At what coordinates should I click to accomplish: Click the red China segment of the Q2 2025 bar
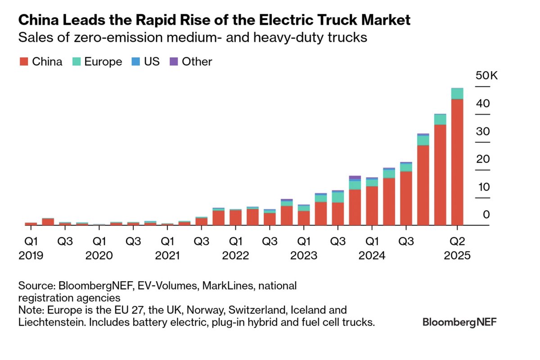pyautogui.click(x=457, y=162)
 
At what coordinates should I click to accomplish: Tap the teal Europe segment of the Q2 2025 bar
pyautogui.click(x=457, y=94)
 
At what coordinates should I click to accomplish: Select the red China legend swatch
pyautogui.click(x=23, y=62)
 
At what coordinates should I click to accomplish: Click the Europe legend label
pyautogui.click(x=103, y=62)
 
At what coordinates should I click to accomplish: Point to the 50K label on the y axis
pyautogui.click(x=486, y=76)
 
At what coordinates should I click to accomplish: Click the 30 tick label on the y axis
pyautogui.click(x=483, y=131)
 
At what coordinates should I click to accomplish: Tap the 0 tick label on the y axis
pyautogui.click(x=486, y=215)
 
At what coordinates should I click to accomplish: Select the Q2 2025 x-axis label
pyautogui.click(x=457, y=241)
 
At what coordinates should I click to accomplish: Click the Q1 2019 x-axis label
pyautogui.click(x=31, y=241)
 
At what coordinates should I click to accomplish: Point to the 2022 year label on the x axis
pyautogui.click(x=235, y=256)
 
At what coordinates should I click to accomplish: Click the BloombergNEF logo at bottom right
pyautogui.click(x=459, y=322)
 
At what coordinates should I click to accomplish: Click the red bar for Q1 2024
pyautogui.click(x=372, y=206)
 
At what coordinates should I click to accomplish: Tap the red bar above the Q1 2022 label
pyautogui.click(x=235, y=217)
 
